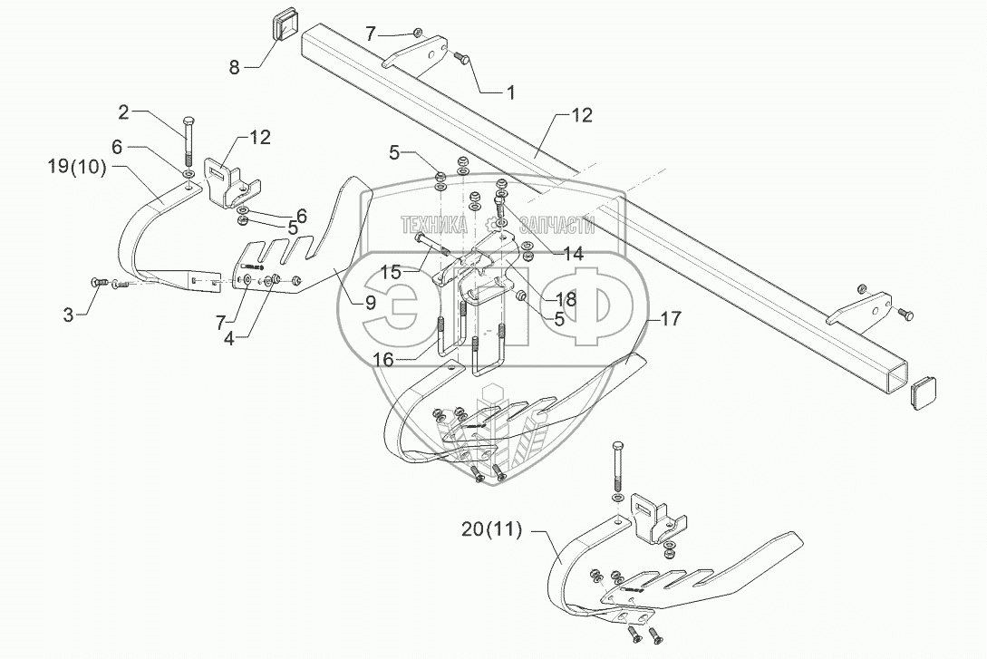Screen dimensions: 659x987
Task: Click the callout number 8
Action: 235,67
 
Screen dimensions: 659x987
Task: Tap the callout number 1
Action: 510,92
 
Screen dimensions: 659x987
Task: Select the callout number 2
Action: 123,112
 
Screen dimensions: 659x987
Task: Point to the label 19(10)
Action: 77,166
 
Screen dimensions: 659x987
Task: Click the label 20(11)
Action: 491,531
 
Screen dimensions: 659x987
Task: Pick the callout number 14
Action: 573,256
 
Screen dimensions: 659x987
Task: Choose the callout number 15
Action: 392,271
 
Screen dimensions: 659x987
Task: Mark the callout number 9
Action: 371,304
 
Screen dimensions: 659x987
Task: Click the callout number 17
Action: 670,319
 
